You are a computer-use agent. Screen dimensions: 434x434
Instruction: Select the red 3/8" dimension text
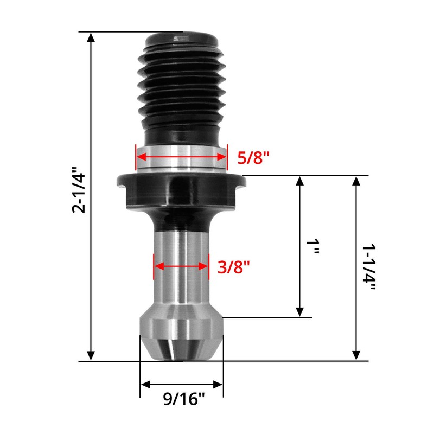click(234, 267)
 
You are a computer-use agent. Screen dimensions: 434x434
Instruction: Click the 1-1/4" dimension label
click(369, 267)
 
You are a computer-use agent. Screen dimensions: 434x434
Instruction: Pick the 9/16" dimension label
click(183, 401)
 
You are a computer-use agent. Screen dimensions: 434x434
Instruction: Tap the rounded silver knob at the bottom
click(181, 336)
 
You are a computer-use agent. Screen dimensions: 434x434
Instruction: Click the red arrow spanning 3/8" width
click(181, 266)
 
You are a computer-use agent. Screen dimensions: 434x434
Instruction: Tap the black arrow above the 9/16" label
click(181, 385)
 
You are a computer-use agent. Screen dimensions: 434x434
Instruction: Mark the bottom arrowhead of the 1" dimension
click(299, 311)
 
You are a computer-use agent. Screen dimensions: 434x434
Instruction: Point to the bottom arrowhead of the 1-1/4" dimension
click(356, 354)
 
